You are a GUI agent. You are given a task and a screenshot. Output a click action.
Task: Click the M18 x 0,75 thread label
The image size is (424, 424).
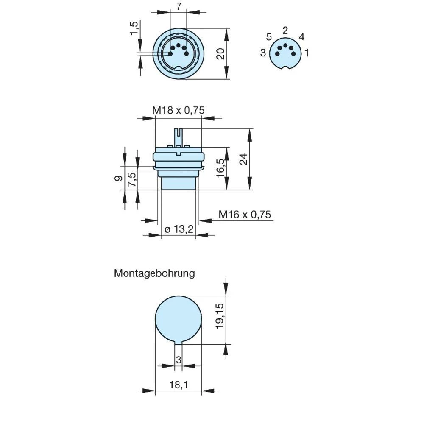[179, 110]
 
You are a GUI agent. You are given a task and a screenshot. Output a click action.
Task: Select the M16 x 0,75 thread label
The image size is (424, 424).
[245, 215]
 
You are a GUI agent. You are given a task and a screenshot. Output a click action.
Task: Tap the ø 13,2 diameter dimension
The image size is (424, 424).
[179, 229]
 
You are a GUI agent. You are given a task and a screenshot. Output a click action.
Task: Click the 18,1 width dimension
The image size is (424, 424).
[178, 385]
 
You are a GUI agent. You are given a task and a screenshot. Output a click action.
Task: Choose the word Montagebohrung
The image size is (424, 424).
[154, 273]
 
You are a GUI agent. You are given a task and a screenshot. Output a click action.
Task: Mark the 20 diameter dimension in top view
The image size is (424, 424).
[220, 54]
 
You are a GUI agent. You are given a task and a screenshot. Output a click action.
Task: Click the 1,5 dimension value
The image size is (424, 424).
[134, 28]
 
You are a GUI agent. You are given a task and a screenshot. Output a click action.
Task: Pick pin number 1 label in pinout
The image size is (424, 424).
[307, 53]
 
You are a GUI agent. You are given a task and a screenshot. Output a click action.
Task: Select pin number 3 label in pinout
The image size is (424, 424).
[263, 53]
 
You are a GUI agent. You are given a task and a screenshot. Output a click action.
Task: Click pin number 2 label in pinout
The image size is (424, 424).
[285, 30]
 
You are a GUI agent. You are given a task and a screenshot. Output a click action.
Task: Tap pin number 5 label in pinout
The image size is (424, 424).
[269, 36]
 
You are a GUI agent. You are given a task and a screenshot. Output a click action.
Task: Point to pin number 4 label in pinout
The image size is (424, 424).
[301, 37]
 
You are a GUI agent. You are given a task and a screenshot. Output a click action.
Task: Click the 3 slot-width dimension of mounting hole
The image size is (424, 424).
[179, 360]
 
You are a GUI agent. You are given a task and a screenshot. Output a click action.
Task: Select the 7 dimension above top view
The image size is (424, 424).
[178, 6]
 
